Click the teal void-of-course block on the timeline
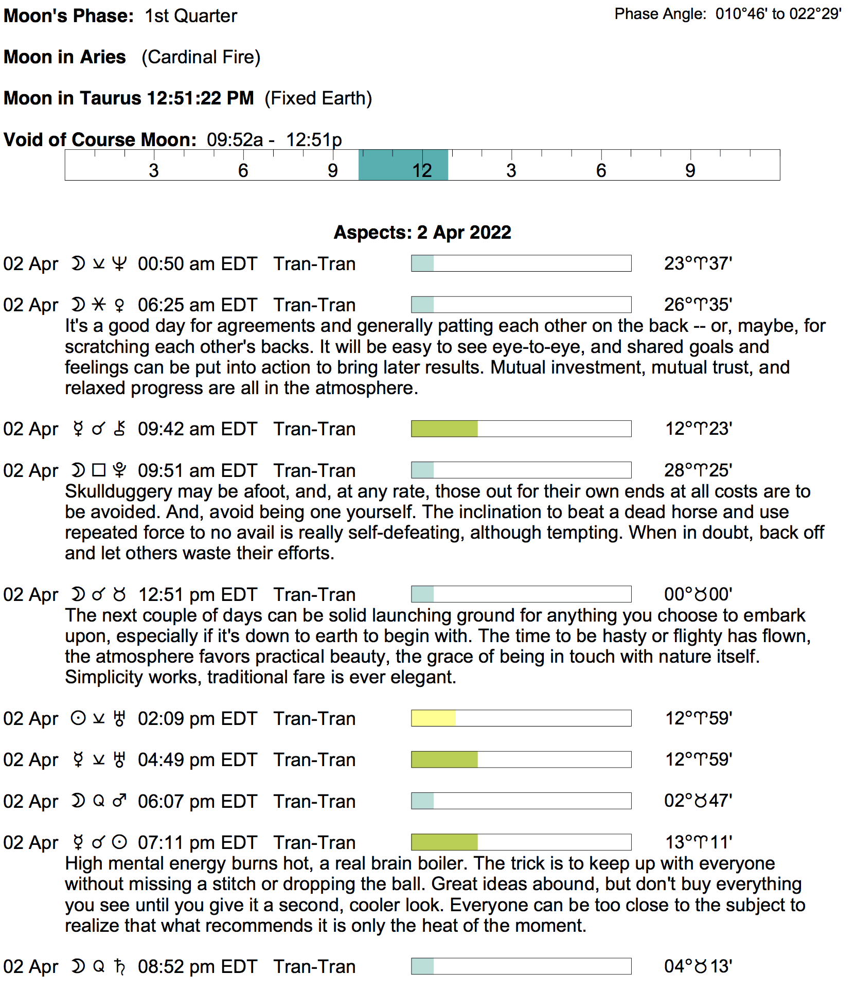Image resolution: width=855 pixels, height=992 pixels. [403, 165]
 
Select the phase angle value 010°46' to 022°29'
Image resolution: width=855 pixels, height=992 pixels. [778, 14]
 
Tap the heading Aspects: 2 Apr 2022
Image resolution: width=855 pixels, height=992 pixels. [422, 233]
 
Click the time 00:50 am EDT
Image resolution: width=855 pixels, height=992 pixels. [197, 264]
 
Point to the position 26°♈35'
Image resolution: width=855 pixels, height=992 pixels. [698, 305]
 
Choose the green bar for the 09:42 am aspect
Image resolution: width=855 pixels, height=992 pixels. [444, 429]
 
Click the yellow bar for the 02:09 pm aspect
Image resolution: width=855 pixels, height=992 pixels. [433, 718]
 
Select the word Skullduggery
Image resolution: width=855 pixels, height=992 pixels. [118, 492]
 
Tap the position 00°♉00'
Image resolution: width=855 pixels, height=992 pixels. [698, 595]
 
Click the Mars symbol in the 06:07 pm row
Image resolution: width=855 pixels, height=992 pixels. [119, 802]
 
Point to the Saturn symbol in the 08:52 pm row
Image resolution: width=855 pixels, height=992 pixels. [119, 967]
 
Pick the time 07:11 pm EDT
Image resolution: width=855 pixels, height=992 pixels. [197, 843]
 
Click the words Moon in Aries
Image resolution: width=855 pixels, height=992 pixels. [65, 57]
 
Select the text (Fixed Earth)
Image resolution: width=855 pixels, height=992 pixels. [318, 98]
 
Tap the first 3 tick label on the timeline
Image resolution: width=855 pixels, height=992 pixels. [154, 171]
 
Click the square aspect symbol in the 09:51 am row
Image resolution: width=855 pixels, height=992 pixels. [99, 471]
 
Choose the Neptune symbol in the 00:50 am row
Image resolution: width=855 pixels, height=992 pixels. [119, 264]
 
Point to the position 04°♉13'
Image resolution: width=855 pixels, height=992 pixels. [698, 967]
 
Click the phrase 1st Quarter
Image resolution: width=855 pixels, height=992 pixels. [191, 16]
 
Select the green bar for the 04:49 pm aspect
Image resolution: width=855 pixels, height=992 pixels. [444, 760]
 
